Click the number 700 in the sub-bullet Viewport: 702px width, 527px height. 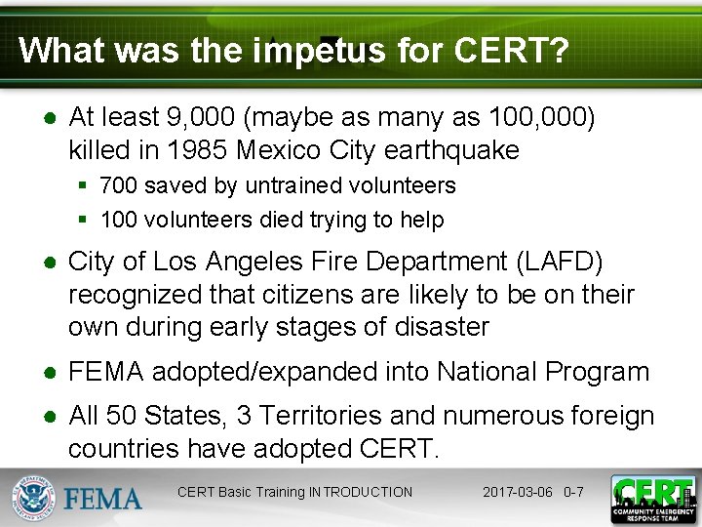point(118,185)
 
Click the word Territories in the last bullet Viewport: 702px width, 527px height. point(319,417)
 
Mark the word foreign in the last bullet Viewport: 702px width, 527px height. point(604,417)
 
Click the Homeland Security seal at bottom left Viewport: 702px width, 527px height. point(32,497)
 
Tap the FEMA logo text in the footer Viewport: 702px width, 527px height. point(103,498)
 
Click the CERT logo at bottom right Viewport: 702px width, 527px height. point(652,497)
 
